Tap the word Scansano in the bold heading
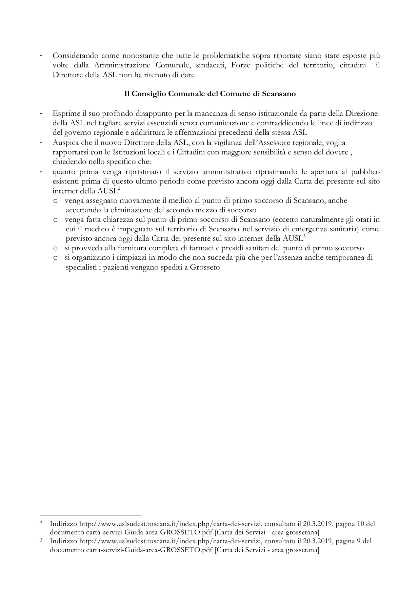[279, 94]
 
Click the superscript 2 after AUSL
[119, 189]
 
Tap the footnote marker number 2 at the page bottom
[41, 523]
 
